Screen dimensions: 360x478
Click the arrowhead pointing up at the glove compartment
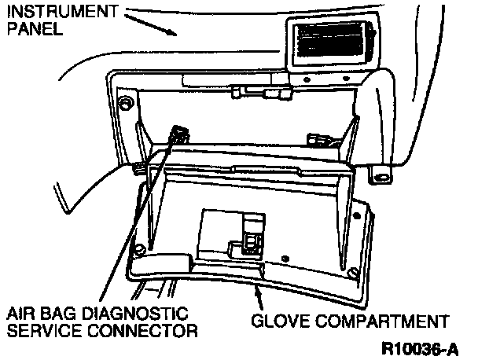coord(256,292)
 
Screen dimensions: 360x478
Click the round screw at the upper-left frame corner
coord(123,104)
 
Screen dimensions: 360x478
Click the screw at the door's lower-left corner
coord(140,251)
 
